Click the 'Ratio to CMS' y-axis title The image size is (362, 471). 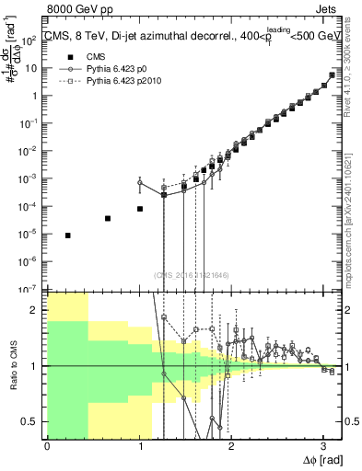point(14,365)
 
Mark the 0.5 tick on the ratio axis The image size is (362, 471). point(34,422)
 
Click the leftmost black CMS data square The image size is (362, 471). point(68,235)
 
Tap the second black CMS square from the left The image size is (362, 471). point(108,218)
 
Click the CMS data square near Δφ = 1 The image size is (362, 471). point(140,209)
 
